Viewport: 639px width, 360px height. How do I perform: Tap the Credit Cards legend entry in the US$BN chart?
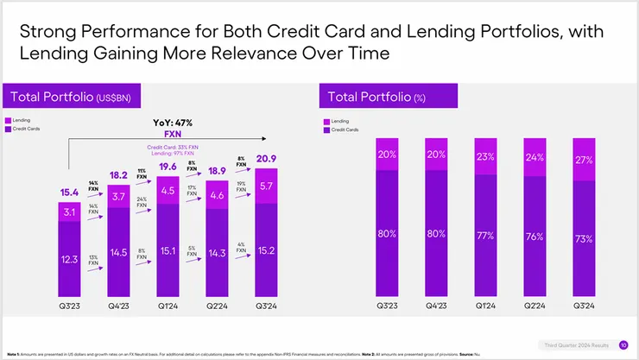pos(24,129)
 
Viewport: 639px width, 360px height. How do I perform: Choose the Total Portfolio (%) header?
pos(377,97)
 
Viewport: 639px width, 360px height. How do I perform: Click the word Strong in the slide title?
pos(47,33)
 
